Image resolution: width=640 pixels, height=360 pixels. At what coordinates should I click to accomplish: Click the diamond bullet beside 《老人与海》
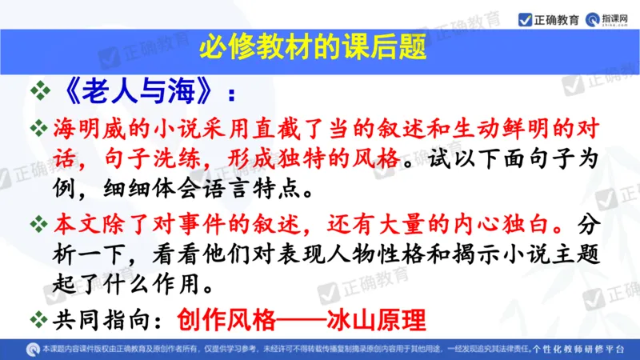[39, 93]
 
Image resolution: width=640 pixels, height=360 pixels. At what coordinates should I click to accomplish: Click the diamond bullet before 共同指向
[39, 319]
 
